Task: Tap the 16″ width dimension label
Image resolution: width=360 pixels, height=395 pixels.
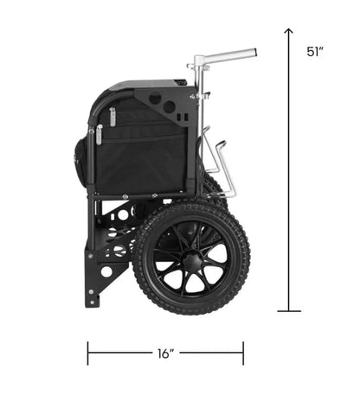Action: click(x=166, y=354)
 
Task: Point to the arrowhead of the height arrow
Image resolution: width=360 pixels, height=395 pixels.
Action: click(x=288, y=31)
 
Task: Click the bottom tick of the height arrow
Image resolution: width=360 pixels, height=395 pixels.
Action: click(x=289, y=311)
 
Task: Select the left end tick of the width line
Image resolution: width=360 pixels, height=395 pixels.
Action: click(x=88, y=354)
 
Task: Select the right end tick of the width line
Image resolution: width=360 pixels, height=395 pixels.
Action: click(x=243, y=354)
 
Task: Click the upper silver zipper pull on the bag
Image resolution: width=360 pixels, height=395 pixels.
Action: click(x=112, y=117)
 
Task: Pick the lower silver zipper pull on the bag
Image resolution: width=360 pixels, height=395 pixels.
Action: click(x=99, y=135)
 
